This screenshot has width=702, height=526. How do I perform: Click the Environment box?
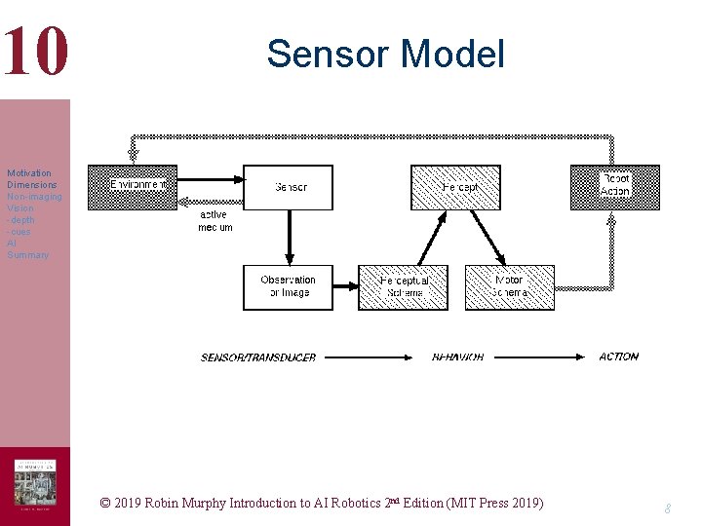(133, 187)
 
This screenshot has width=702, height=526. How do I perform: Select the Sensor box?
(288, 187)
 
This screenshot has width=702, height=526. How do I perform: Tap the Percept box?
(455, 187)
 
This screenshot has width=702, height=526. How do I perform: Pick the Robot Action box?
(614, 186)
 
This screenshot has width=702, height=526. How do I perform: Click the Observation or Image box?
(288, 286)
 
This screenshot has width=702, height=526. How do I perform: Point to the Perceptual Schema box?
(403, 287)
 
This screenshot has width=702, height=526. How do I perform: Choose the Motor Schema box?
(509, 287)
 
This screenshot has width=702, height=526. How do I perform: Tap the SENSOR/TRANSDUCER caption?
(258, 357)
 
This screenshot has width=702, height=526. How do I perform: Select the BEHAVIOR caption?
(457, 357)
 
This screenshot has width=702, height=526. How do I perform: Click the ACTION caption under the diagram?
(618, 357)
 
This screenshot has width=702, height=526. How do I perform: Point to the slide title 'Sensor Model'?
(385, 54)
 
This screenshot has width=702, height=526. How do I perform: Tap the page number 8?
(667, 508)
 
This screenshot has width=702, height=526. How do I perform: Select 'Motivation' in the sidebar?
(29, 173)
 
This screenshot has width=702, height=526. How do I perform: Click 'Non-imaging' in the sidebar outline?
(34, 197)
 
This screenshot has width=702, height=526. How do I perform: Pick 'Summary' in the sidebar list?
(27, 255)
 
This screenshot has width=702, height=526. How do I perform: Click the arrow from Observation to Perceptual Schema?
(345, 287)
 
